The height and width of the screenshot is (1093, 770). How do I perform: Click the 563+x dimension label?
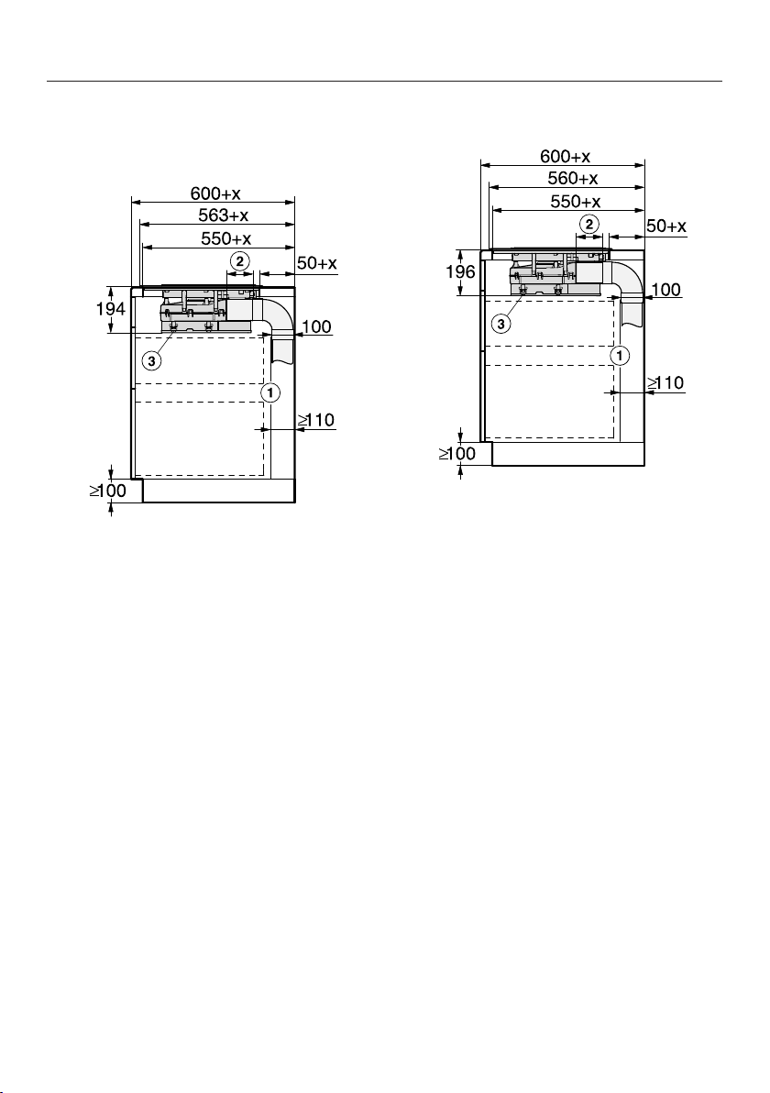pos(224,215)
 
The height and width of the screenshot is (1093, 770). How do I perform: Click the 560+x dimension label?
pos(573,179)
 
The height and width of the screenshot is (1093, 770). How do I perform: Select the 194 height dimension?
pos(111,308)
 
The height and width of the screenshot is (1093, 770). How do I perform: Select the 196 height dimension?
pos(460,271)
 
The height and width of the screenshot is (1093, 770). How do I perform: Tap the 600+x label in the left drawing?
pos(215,193)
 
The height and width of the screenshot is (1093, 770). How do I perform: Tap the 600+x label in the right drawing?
pos(566,156)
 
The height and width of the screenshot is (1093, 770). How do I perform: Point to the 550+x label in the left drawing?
pos(226,238)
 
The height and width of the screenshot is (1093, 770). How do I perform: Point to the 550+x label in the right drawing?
pos(576,202)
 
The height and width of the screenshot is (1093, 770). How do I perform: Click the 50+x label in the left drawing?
pos(317,263)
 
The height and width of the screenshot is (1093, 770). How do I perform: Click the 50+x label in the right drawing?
pos(666,226)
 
